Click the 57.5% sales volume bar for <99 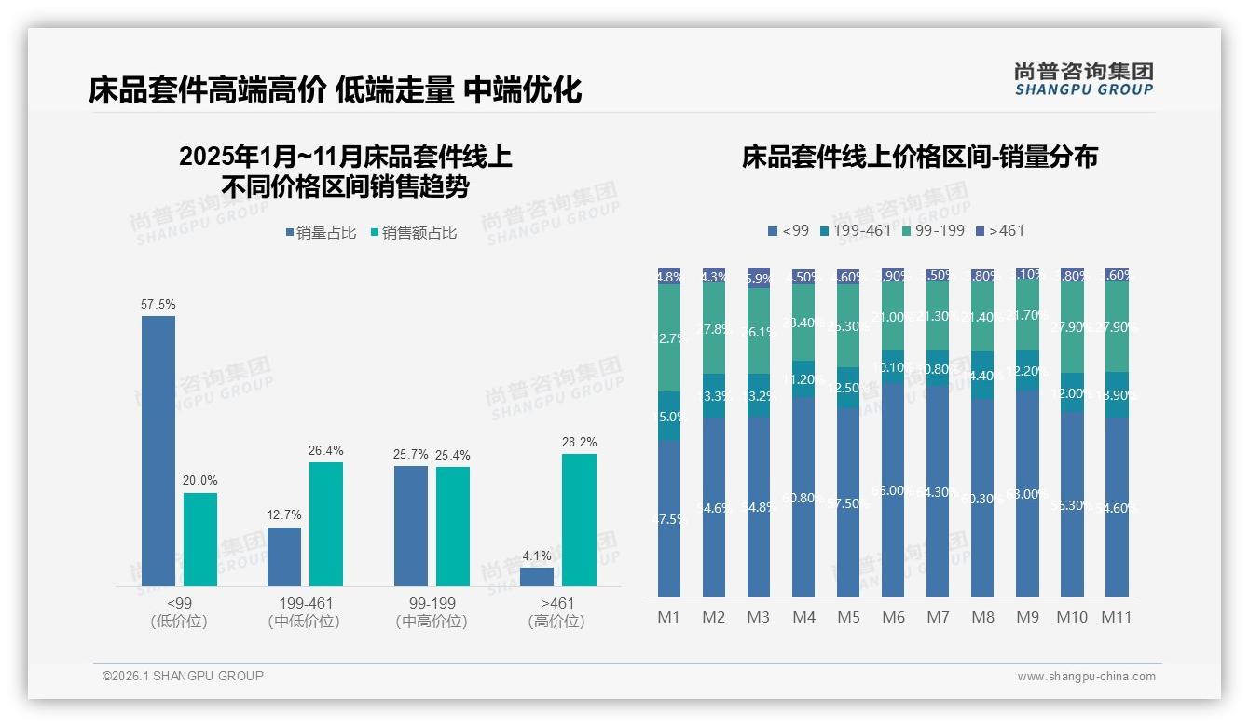coord(158,450)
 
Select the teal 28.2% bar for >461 coord(579,519)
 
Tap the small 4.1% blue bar coord(537,577)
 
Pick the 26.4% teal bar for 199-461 coord(326,524)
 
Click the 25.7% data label coord(411,455)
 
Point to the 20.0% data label coord(200,481)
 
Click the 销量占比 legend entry coord(321,233)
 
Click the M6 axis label coord(893,617)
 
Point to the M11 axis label coord(1117,617)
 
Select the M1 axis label coord(669,617)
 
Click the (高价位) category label coord(556,622)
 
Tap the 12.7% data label coord(284,515)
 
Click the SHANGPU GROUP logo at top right coord(1083,79)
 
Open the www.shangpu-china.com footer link coord(1086,677)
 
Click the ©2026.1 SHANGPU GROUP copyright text coord(183,676)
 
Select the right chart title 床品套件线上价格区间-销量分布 coord(919,157)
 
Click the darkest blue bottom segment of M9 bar coord(1027,494)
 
